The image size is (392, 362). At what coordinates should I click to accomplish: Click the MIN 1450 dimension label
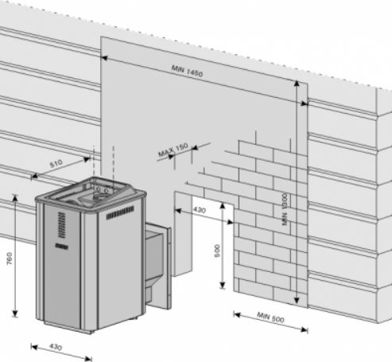point(187,71)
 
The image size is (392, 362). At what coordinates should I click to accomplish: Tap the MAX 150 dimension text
point(173,150)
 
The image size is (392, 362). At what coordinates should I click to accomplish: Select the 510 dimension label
point(56,163)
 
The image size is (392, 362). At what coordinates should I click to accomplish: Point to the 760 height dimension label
point(9,259)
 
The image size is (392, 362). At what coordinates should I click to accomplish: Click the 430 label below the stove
point(56,347)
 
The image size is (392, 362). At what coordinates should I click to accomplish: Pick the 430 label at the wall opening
point(200,210)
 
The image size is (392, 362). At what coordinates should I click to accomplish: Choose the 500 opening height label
point(217,251)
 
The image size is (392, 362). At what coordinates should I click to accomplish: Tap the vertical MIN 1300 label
point(285,209)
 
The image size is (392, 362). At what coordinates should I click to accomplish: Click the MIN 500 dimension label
point(270,317)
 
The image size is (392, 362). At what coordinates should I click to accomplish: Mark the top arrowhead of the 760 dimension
point(15,197)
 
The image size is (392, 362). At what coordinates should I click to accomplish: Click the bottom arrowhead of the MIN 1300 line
point(297,301)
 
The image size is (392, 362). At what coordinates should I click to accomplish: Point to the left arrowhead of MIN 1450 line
point(104,58)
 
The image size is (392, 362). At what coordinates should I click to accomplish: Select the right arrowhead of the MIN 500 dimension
point(305,329)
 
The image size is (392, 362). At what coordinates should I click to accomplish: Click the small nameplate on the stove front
point(61,247)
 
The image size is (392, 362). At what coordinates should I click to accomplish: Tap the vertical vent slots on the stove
point(61,225)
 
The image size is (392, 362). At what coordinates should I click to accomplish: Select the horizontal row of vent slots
point(120,212)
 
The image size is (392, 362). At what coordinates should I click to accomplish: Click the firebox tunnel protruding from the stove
point(157,265)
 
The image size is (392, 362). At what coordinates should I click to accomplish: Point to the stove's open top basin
point(91,193)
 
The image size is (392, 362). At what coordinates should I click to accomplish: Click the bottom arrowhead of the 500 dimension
point(223,285)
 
